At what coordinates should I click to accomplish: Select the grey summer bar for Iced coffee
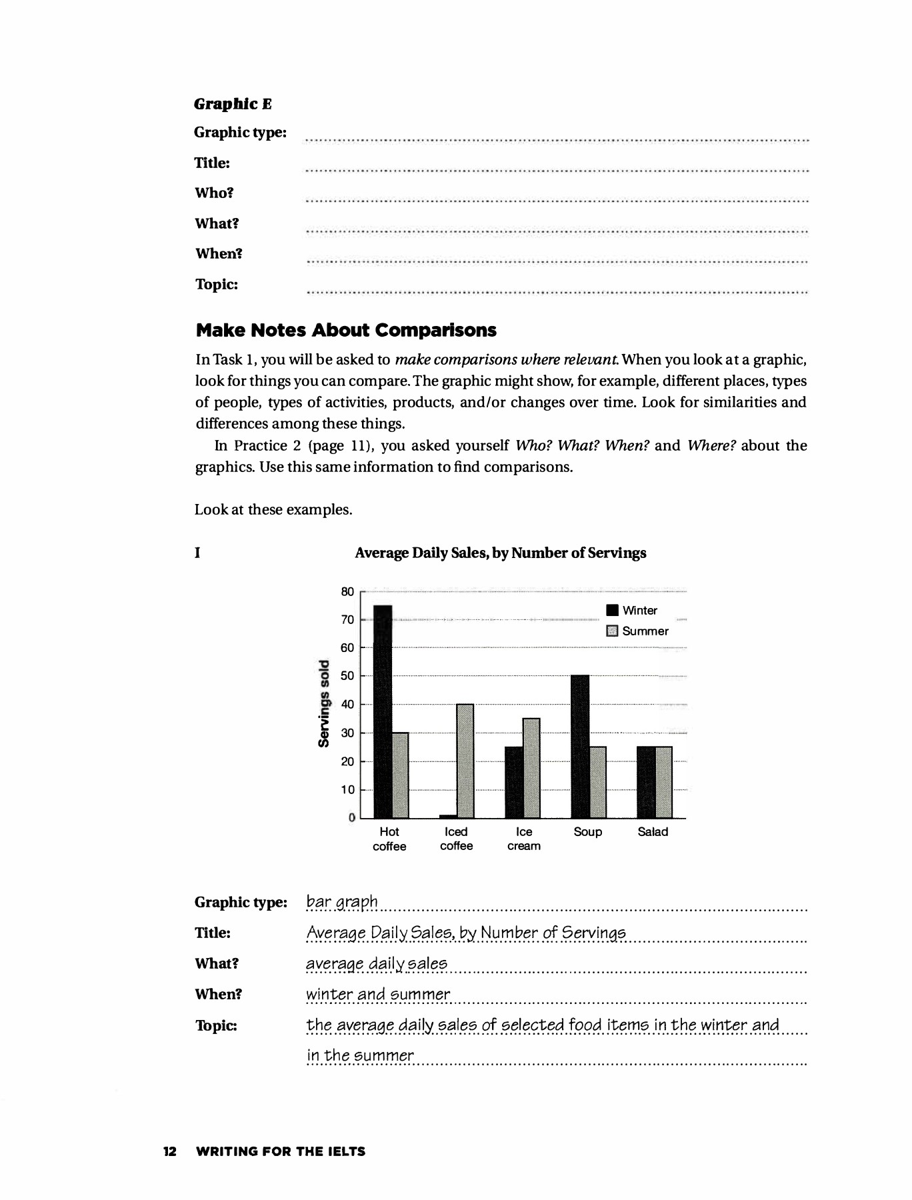click(x=465, y=761)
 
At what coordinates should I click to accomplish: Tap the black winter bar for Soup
click(x=580, y=746)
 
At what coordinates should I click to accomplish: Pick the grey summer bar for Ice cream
click(x=531, y=768)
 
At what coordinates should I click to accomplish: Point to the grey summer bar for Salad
click(x=664, y=782)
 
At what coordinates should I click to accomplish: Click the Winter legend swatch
click(x=611, y=611)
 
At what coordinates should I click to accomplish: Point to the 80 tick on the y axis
click(x=347, y=592)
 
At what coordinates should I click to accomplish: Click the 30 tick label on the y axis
click(x=347, y=733)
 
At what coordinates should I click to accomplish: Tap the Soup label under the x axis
click(x=587, y=832)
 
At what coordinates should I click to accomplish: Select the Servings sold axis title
click(x=324, y=703)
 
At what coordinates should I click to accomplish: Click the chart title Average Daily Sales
click(x=500, y=553)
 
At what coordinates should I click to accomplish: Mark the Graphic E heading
click(x=233, y=104)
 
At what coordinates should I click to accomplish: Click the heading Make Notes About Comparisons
click(x=346, y=331)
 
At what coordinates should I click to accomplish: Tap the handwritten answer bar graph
click(x=342, y=902)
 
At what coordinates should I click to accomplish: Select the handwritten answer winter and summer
click(x=378, y=995)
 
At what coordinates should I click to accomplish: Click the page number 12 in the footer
click(x=170, y=1151)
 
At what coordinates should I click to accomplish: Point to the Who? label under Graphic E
click(x=214, y=193)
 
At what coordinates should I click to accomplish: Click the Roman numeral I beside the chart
click(x=197, y=553)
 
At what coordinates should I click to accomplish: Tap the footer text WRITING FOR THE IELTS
click(x=281, y=1151)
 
